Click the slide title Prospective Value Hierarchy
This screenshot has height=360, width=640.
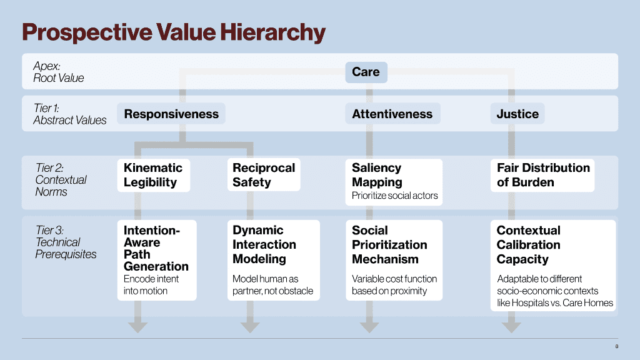174,32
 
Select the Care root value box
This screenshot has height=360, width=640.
366,72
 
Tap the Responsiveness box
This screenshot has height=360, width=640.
171,114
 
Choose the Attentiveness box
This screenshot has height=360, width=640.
392,114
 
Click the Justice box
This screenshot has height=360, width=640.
517,114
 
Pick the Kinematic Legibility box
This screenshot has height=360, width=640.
153,175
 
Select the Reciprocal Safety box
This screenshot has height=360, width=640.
263,175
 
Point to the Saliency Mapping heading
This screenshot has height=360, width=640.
377,175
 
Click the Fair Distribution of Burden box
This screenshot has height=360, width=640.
542,175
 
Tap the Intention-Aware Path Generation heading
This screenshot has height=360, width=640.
156,248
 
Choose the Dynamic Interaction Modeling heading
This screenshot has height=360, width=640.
264,244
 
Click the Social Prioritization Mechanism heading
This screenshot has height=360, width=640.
389,244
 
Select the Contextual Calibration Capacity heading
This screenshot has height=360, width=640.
528,244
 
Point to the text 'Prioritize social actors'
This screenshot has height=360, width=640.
394,196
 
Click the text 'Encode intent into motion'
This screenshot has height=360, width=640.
151,284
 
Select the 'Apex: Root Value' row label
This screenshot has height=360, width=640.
58,72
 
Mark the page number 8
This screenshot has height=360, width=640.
616,346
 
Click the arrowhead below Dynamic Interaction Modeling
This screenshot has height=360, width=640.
247,326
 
